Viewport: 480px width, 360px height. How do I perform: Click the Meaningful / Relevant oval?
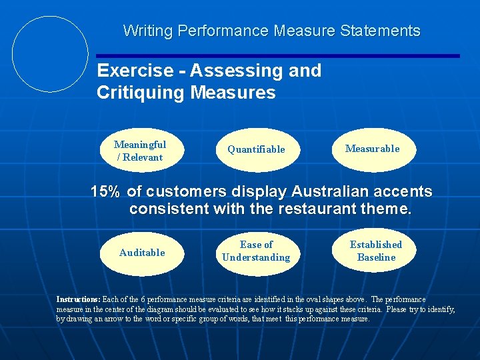pos(140,151)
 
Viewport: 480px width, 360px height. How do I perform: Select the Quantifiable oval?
pos(256,149)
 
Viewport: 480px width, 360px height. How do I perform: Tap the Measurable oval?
pos(373,149)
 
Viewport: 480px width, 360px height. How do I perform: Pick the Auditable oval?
pos(141,253)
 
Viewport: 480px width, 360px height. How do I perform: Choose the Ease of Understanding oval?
pos(256,251)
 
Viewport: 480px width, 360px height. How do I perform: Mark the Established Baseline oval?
pos(376,251)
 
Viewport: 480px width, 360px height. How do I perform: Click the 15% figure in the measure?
pos(105,192)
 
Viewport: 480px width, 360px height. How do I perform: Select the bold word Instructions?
pos(78,300)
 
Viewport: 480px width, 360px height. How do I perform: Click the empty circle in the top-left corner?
pos(51,54)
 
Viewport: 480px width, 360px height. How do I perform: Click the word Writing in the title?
pos(146,31)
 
